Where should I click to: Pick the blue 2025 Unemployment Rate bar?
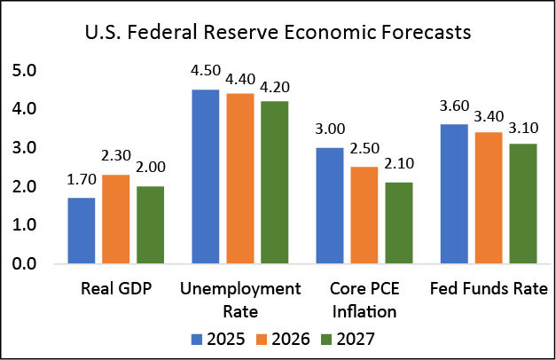[205, 176]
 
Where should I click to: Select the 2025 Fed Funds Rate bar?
[455, 194]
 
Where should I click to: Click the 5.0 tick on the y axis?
[25, 70]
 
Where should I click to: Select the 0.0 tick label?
[25, 264]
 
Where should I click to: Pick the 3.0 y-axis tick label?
[25, 147]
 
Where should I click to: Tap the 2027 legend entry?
[346, 338]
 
